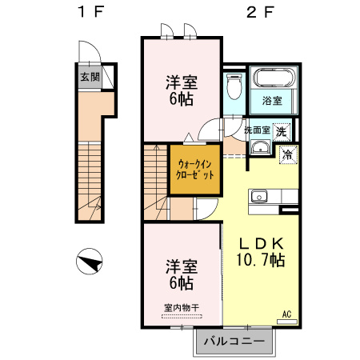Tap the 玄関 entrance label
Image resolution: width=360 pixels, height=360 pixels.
pos(90,77)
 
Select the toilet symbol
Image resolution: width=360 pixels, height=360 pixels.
pos(234,85)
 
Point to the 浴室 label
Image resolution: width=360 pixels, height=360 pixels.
pos(272,101)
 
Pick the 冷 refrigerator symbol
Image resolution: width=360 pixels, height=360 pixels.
pos(286,156)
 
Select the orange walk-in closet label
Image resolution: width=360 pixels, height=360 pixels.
pos(195,169)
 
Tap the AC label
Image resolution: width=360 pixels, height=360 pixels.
pos(286,314)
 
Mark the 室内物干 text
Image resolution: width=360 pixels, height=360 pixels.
pos(181,306)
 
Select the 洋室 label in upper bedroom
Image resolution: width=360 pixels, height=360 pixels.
pos(181,82)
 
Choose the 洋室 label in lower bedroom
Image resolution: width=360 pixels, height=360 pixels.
pos(181,265)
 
